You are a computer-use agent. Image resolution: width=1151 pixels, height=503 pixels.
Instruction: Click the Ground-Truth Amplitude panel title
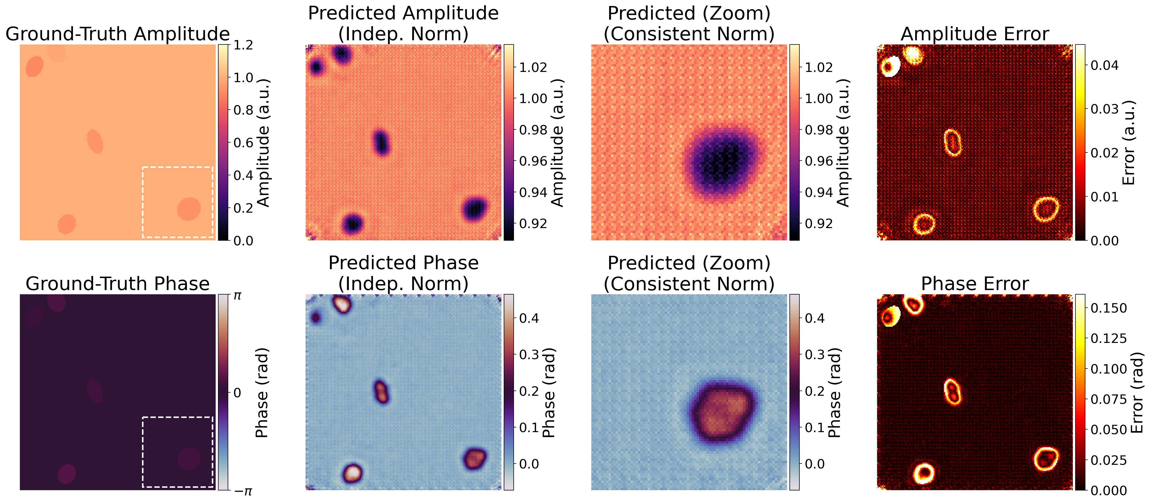point(118,34)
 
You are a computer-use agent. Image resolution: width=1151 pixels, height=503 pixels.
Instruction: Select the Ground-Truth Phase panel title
point(118,284)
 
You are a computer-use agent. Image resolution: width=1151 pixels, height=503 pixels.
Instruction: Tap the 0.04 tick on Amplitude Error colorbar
point(1104,65)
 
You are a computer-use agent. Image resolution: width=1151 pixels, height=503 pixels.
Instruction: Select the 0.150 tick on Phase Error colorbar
point(1109,308)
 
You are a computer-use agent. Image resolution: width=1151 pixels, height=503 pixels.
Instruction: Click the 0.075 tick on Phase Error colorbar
point(1109,399)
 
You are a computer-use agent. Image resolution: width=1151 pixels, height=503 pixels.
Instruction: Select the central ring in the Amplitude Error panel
point(953,142)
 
